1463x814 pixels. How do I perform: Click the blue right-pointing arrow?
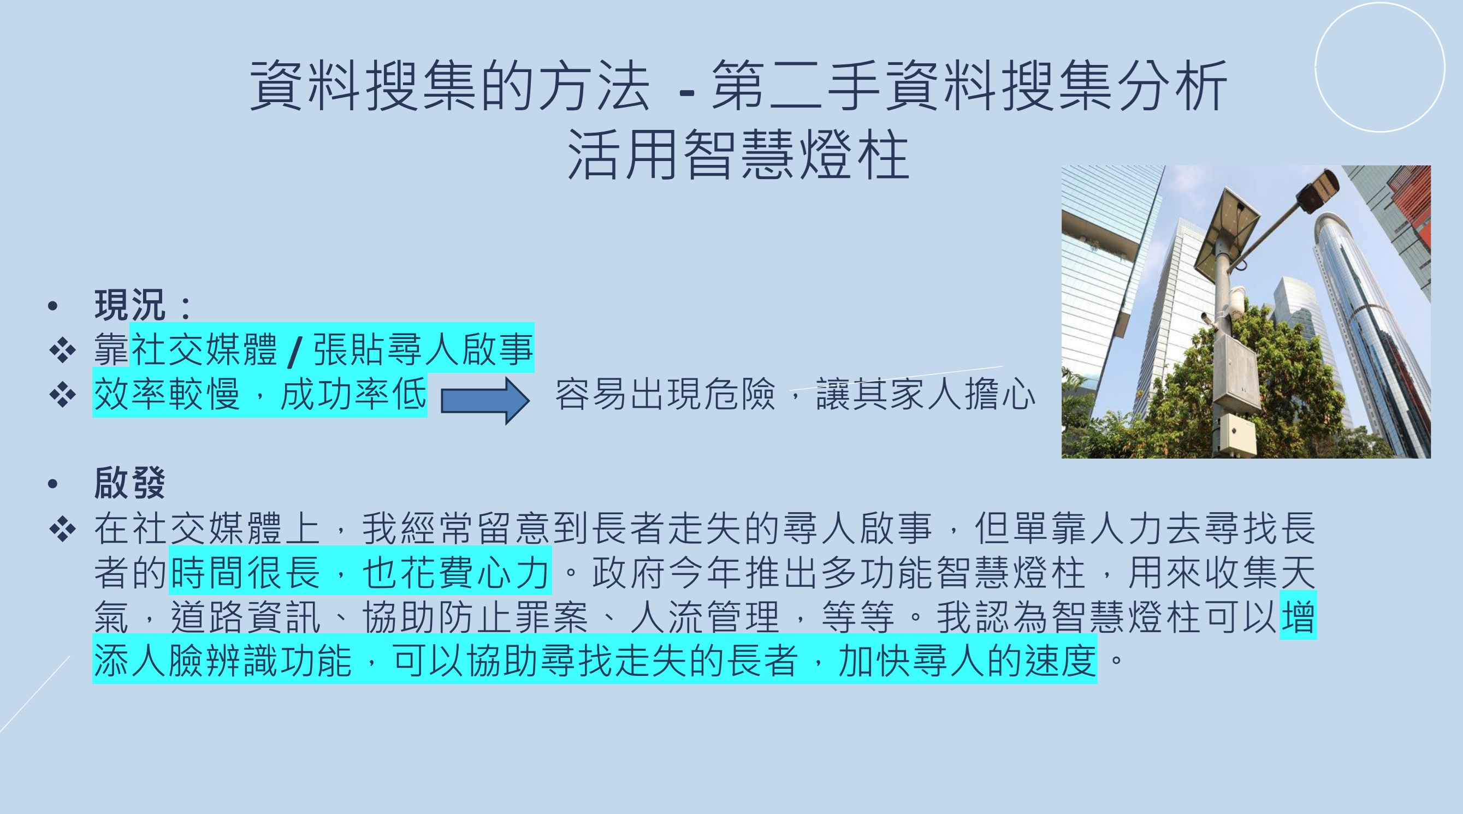[485, 400]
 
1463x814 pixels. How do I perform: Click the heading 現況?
[130, 305]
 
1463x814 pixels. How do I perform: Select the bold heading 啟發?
[130, 483]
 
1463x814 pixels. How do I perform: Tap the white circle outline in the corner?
[1379, 67]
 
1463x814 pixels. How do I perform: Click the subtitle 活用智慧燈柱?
[738, 155]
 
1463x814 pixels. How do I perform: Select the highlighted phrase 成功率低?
[353, 394]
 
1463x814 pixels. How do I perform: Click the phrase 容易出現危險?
[665, 394]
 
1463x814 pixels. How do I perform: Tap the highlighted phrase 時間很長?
[245, 572]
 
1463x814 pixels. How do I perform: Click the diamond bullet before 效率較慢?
[62, 395]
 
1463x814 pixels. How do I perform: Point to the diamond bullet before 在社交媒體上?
[62, 528]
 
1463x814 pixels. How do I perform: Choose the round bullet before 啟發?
[54, 484]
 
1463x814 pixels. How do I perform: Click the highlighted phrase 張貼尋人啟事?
[423, 349]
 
